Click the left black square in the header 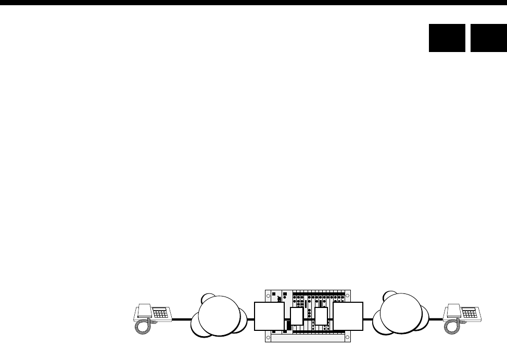click(x=447, y=38)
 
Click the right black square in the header click(x=489, y=38)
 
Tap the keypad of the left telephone click(x=160, y=314)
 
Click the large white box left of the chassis click(x=269, y=316)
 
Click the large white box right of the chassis click(x=348, y=316)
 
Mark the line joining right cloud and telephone click(x=436, y=319)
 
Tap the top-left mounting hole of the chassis click(x=268, y=295)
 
